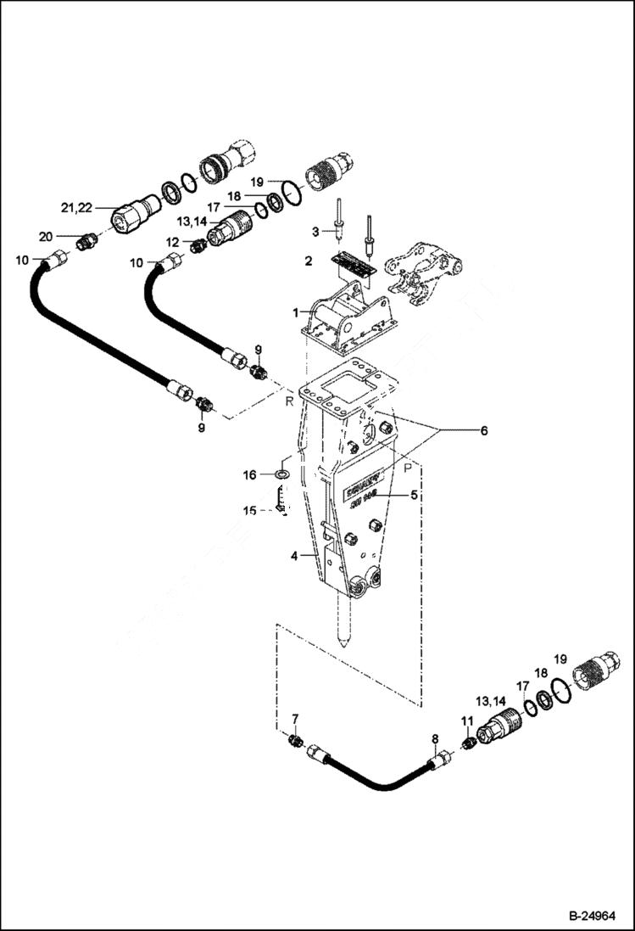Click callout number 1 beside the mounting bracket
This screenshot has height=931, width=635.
[296, 312]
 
